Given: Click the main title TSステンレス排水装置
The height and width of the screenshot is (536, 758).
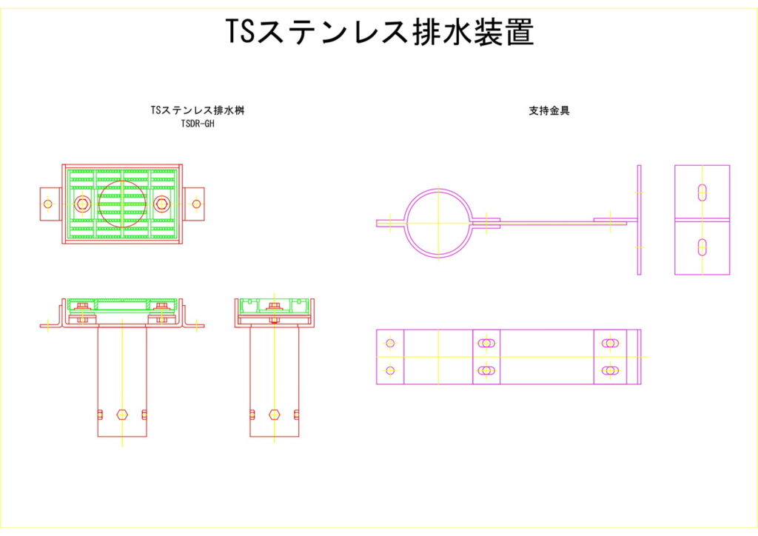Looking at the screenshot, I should tap(379, 32).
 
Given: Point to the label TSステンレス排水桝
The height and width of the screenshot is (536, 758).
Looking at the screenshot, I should tap(198, 110).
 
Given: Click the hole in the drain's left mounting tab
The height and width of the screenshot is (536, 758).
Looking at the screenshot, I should tap(48, 204).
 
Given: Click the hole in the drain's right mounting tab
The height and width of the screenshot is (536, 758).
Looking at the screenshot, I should tap(196, 204).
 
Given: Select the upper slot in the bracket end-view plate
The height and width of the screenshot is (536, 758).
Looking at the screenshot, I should tap(702, 192).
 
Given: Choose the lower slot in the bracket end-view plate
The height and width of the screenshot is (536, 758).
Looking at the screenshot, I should tap(702, 247).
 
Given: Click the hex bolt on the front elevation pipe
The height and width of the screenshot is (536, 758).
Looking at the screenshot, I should tap(122, 414).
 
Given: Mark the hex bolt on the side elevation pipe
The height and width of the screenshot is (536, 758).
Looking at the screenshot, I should tap(275, 414).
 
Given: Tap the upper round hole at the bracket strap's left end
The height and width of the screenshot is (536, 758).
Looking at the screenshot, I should tap(390, 343).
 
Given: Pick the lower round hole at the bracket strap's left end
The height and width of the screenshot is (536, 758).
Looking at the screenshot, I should tap(390, 370).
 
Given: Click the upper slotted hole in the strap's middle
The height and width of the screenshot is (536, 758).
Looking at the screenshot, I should tap(486, 343).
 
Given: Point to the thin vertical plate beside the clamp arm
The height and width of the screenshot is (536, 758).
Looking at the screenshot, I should tap(640, 220).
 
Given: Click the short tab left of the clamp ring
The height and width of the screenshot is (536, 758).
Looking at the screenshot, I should tap(389, 222).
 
